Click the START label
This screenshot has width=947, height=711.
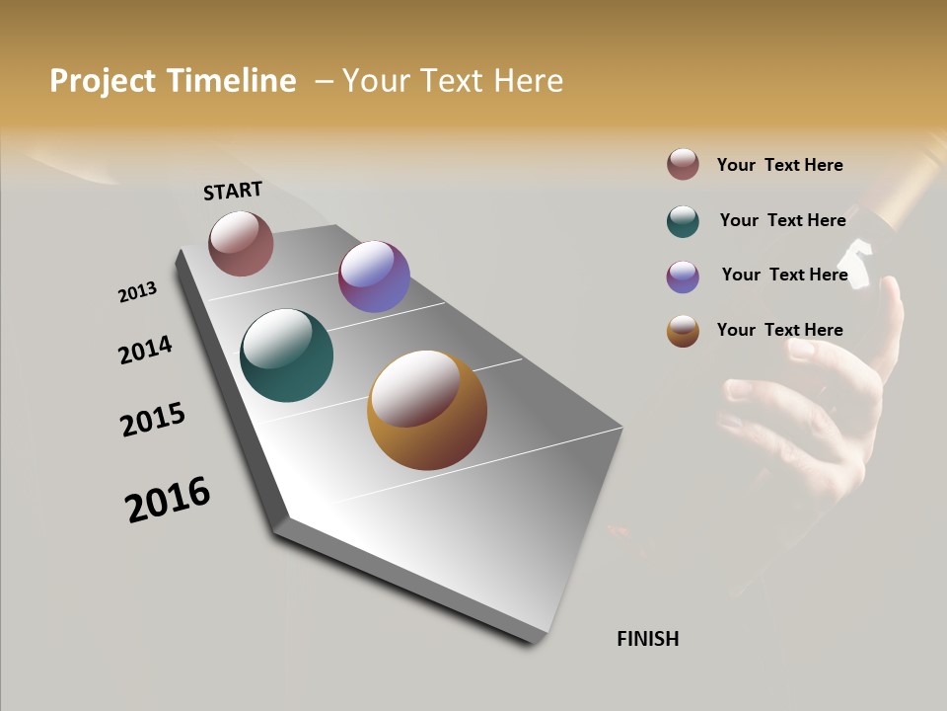pyautogui.click(x=233, y=191)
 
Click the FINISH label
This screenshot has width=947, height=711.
pyautogui.click(x=647, y=639)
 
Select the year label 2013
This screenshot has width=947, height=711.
pyautogui.click(x=137, y=292)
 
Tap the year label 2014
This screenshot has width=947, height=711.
pyautogui.click(x=145, y=350)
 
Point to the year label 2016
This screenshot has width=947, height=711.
pyautogui.click(x=168, y=500)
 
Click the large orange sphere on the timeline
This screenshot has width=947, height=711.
pyautogui.click(x=427, y=410)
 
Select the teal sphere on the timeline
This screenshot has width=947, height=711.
pyautogui.click(x=286, y=355)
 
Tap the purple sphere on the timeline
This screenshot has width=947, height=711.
pyautogui.click(x=374, y=276)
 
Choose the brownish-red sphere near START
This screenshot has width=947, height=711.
pyautogui.click(x=241, y=243)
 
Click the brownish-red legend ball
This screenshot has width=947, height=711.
pyautogui.click(x=683, y=164)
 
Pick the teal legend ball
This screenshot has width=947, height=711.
pyautogui.click(x=683, y=221)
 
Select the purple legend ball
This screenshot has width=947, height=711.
pyautogui.click(x=683, y=276)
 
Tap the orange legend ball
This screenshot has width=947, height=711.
pyautogui.click(x=683, y=331)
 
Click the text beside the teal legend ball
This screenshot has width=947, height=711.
pyautogui.click(x=782, y=220)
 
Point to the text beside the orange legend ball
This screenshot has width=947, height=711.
pyautogui.click(x=779, y=330)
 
